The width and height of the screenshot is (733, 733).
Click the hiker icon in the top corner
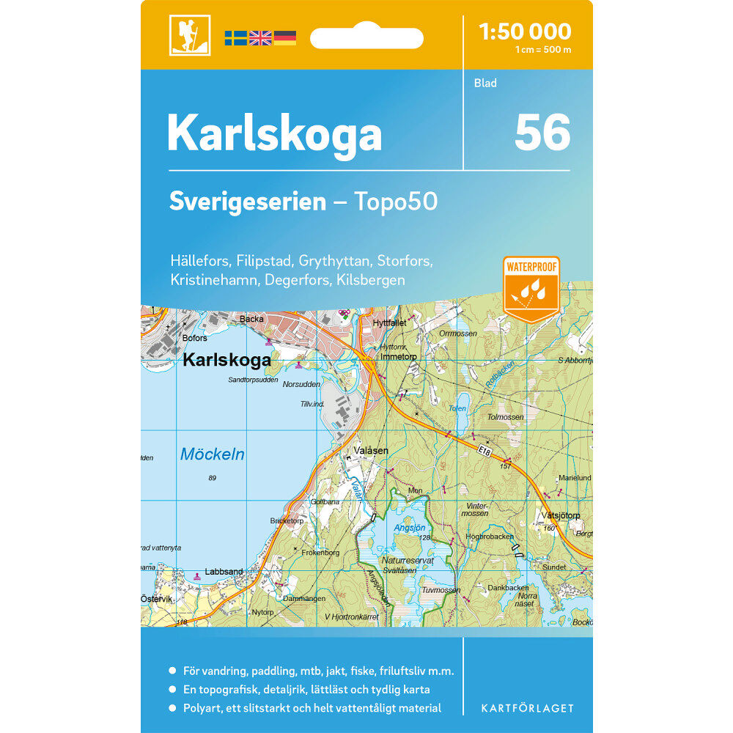[x=190, y=34]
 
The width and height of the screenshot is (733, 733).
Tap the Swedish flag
[x=235, y=37]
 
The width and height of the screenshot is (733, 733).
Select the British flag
[x=260, y=37]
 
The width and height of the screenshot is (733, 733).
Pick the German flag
[x=284, y=37]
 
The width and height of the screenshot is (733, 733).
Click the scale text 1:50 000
[x=524, y=32]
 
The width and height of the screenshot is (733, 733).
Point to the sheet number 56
[x=542, y=133]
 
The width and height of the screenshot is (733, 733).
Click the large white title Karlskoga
[x=274, y=133]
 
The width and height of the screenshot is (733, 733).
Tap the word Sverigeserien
[x=247, y=202]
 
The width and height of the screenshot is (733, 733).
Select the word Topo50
[x=396, y=202]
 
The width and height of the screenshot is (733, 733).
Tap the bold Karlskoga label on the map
[x=226, y=361]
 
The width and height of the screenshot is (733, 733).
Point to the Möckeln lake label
[x=213, y=455]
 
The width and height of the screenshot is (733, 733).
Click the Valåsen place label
[x=371, y=451]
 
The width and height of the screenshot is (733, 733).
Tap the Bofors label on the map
[x=195, y=338]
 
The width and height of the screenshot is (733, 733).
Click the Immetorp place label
[x=399, y=357]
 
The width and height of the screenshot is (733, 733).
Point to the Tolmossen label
[x=506, y=417]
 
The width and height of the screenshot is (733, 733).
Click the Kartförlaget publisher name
[x=527, y=708]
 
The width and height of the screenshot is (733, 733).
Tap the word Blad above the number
[x=485, y=83]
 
